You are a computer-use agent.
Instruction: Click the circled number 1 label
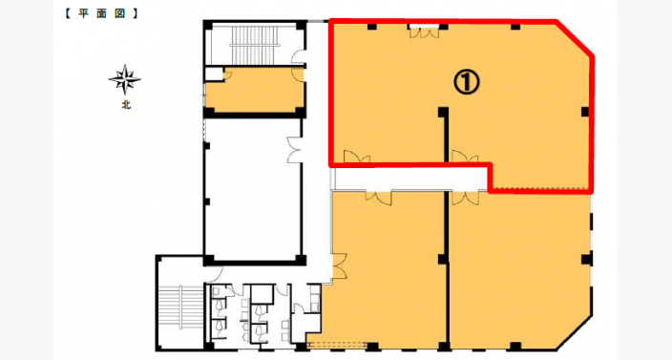466,82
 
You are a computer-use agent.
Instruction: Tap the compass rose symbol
125,79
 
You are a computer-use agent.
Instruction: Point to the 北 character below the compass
126,105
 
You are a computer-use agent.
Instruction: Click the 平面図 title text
102,13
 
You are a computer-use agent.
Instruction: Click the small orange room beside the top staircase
255,90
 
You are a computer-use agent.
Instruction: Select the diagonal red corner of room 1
575,38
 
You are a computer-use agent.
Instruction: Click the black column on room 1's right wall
585,112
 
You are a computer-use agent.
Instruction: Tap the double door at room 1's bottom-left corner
357,157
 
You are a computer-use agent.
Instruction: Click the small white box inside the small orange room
213,74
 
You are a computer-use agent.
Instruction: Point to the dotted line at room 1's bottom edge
541,188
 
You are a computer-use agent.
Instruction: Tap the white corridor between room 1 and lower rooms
410,179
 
